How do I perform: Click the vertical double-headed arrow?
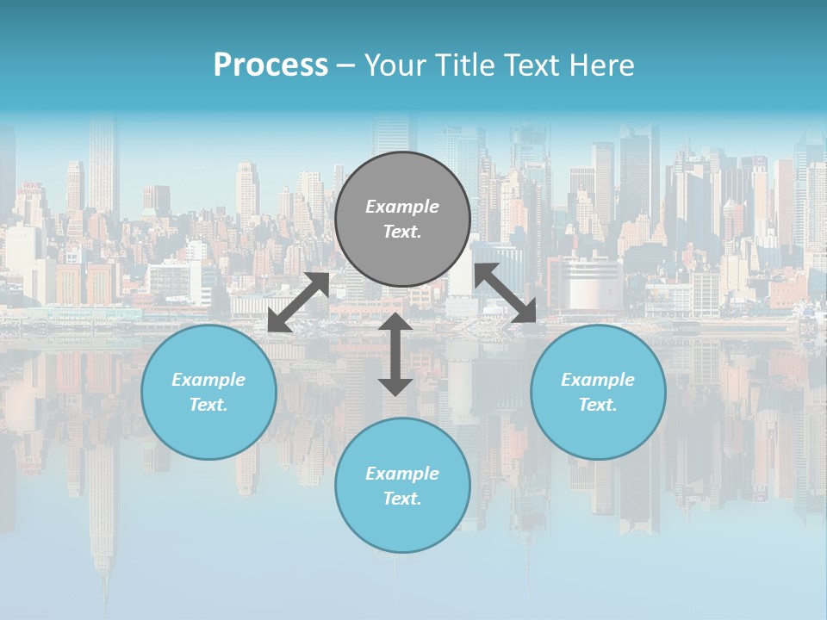[x=395, y=354]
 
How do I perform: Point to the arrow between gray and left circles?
[x=298, y=302]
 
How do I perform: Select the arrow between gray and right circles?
[x=506, y=294]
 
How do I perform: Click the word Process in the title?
[x=270, y=65]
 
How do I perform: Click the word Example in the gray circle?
[x=402, y=207]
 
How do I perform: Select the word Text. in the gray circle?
[x=402, y=232]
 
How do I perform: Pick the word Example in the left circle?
[x=208, y=380]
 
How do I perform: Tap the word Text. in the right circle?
[x=598, y=405]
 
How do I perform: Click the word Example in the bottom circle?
[x=402, y=474]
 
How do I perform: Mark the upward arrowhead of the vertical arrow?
[x=395, y=321]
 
